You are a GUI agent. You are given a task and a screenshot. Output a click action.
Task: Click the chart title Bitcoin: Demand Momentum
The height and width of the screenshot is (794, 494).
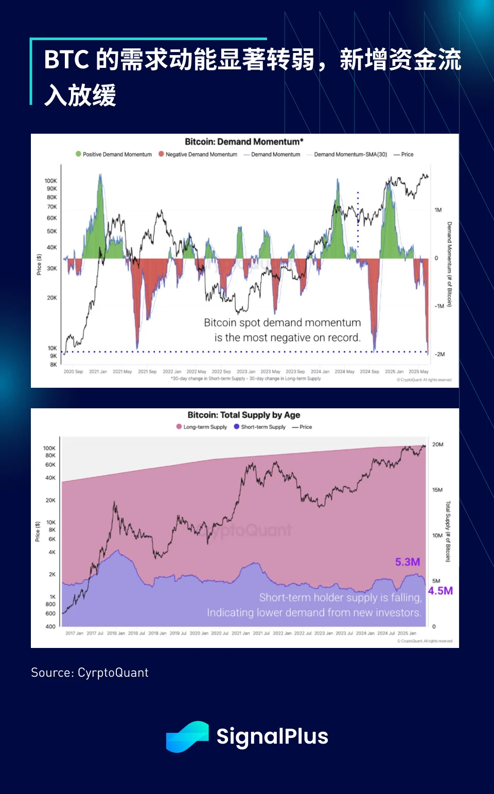pyautogui.click(x=244, y=141)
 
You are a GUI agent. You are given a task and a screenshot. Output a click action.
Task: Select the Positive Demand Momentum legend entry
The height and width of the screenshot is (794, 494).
pyautogui.click(x=114, y=154)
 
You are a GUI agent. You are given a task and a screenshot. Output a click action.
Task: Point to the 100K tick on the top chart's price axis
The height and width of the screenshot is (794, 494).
pyautogui.click(x=50, y=181)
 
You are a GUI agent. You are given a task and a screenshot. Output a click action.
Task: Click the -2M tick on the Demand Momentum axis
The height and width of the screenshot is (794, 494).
pyautogui.click(x=439, y=354)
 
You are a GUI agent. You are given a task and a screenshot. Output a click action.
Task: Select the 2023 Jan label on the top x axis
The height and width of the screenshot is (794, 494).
pyautogui.click(x=246, y=371)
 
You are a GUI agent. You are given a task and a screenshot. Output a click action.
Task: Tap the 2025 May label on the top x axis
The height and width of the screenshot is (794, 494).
pyautogui.click(x=418, y=371)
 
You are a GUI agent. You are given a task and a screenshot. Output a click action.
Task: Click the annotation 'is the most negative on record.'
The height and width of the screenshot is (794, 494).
pyautogui.click(x=287, y=338)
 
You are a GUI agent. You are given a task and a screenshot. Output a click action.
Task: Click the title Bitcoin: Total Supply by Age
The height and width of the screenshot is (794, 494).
pyautogui.click(x=244, y=415)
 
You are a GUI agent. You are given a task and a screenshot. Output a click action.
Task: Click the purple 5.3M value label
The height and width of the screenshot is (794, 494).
pyautogui.click(x=408, y=562)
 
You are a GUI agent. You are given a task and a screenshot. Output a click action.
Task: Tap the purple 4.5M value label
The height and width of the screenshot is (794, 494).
pyautogui.click(x=440, y=591)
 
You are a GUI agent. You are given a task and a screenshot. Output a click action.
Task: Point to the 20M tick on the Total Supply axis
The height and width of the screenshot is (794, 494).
pyautogui.click(x=437, y=444)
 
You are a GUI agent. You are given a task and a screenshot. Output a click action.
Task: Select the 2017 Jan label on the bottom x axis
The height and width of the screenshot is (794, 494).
pyautogui.click(x=74, y=633)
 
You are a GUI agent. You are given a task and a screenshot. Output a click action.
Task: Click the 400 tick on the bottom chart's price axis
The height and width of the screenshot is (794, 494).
pyautogui.click(x=50, y=626)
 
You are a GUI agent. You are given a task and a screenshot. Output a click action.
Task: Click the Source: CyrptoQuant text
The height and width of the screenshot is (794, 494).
pyautogui.click(x=90, y=673)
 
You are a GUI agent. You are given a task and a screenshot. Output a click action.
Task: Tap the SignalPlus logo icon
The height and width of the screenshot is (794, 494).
pyautogui.click(x=187, y=736)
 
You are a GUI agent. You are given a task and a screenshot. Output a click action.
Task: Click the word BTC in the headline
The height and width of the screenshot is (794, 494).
pyautogui.click(x=66, y=60)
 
